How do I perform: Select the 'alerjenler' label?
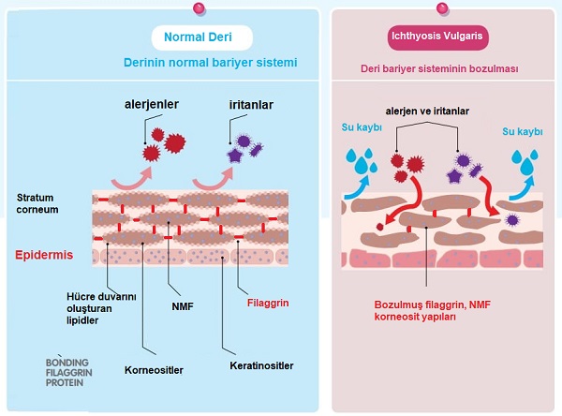(x=155, y=104)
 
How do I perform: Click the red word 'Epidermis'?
(x=44, y=255)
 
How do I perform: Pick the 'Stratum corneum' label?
(x=38, y=203)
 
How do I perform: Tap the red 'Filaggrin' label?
(x=264, y=303)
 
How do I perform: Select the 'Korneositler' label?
(x=153, y=370)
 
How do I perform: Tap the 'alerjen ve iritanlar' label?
(x=426, y=111)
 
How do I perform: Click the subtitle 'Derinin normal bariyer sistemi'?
(x=210, y=63)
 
